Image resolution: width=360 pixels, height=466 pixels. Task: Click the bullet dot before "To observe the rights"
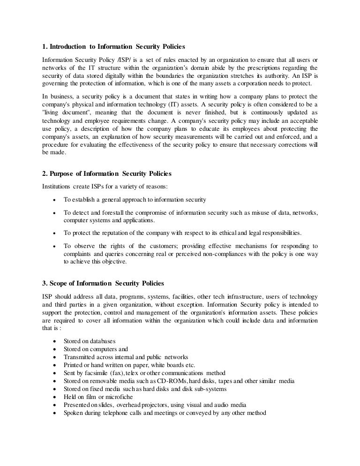click(55, 246)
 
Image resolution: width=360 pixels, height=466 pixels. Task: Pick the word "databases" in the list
click(102, 341)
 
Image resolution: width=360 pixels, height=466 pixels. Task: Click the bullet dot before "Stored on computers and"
click(55, 349)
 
